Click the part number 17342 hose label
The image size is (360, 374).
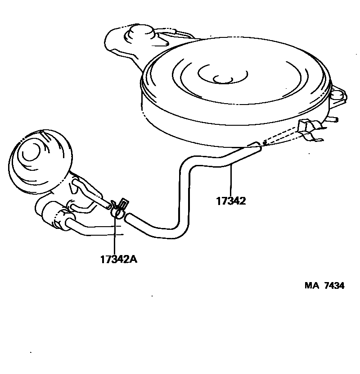pyautogui.click(x=230, y=201)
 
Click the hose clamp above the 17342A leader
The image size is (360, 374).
pyautogui.click(x=117, y=209)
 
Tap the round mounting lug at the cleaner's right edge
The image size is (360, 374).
pyautogui.click(x=338, y=94)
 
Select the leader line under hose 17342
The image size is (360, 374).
pyautogui.click(x=230, y=180)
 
